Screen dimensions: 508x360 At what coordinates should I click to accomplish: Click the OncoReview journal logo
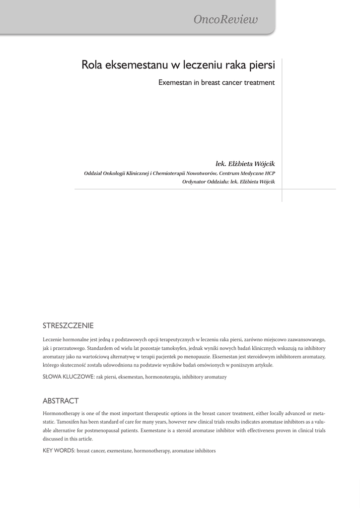click(x=226, y=20)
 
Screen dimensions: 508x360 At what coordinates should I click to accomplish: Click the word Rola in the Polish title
click(x=92, y=65)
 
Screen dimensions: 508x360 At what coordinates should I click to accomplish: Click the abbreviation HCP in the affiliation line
click(x=270, y=173)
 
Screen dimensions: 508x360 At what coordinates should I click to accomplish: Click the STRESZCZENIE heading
click(x=68, y=326)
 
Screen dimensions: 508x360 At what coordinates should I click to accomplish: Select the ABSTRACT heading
click(x=61, y=401)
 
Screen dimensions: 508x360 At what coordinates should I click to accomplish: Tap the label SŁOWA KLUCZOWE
click(x=69, y=377)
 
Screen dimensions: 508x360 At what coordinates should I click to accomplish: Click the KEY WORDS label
click(x=59, y=450)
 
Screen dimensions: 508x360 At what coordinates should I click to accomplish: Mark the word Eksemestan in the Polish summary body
click(x=225, y=356)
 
